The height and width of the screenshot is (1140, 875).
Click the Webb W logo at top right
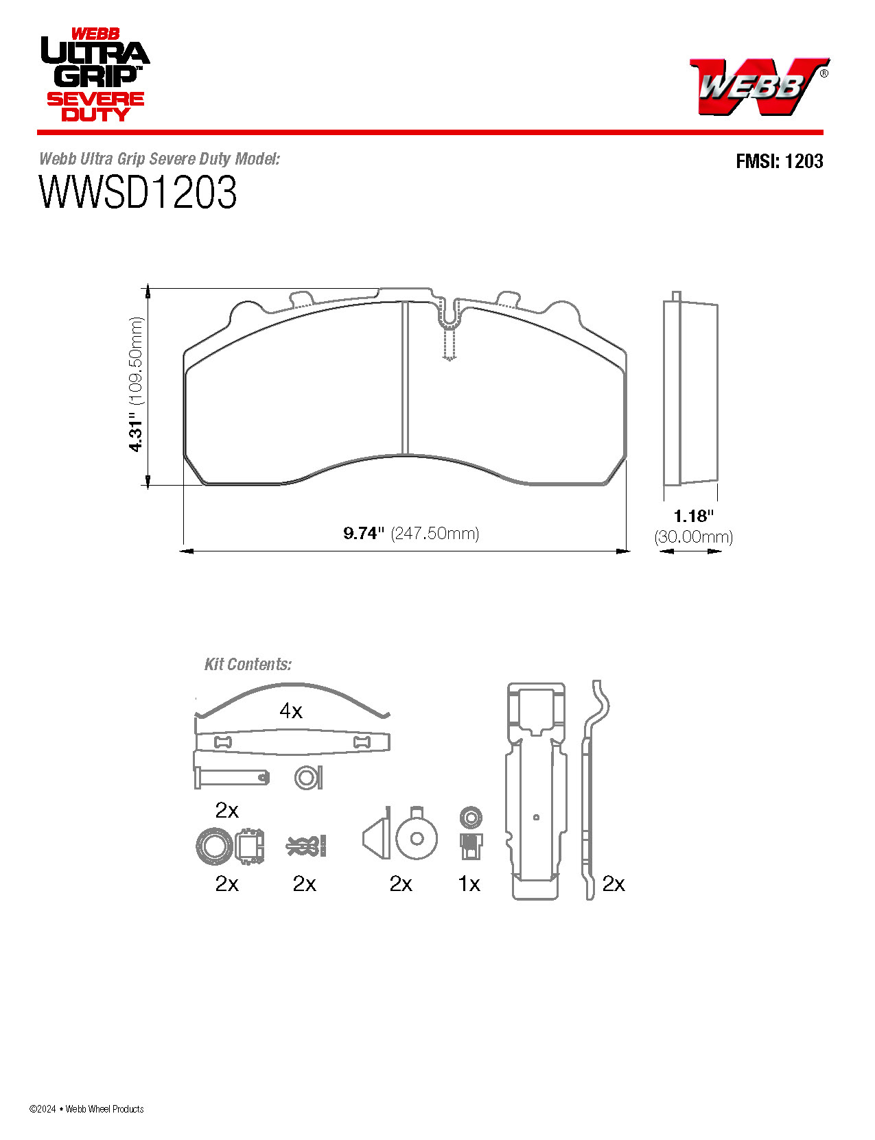click(758, 86)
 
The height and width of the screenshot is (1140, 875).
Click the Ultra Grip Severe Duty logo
click(94, 75)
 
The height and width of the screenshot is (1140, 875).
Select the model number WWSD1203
click(138, 193)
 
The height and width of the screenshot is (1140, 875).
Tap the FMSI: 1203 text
click(779, 161)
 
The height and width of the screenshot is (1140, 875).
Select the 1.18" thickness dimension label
click(693, 516)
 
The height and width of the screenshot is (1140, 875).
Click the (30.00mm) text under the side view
click(693, 536)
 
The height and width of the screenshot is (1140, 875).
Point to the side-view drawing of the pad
click(690, 391)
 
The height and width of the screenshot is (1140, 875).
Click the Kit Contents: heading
click(248, 664)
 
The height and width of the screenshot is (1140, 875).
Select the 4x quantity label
click(291, 711)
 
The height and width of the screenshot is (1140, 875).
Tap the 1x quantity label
click(469, 883)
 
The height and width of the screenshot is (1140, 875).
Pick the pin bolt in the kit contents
click(231, 777)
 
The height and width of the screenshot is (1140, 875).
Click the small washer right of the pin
click(308, 777)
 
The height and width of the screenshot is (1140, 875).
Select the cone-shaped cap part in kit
click(377, 837)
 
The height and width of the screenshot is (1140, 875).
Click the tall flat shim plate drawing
click(536, 792)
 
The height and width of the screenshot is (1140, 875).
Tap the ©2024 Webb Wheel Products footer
click(86, 1108)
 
